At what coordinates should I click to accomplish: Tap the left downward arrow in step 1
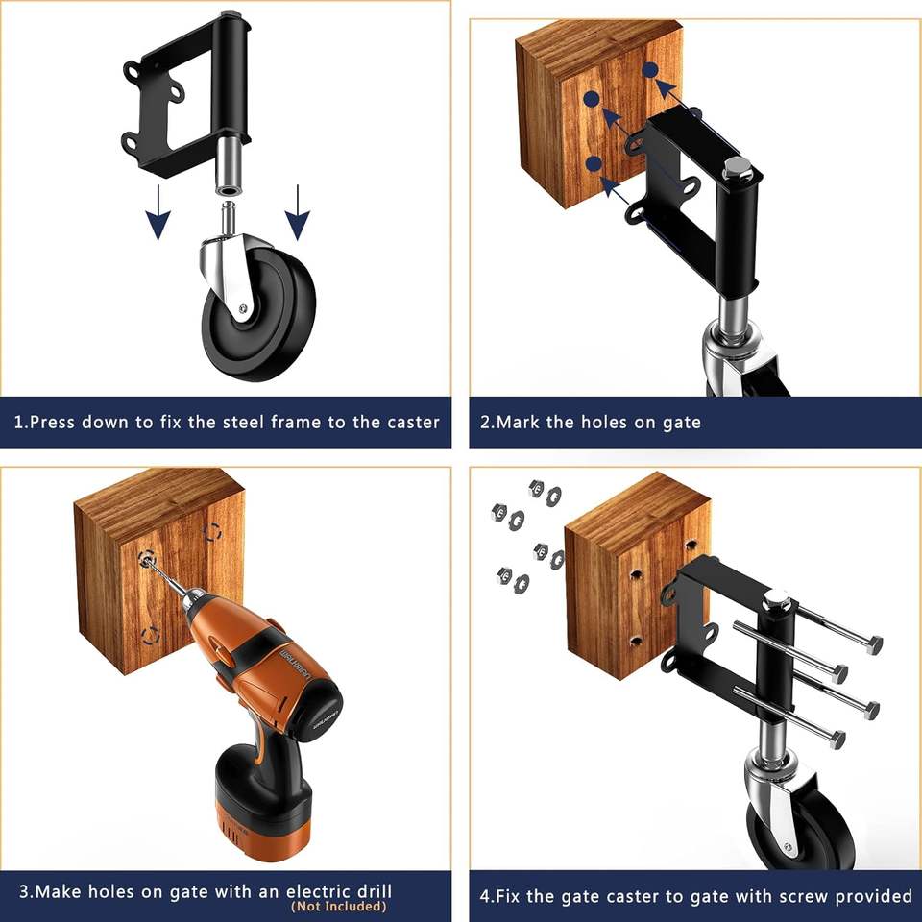[x=158, y=211]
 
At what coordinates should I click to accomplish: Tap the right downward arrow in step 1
[x=298, y=211]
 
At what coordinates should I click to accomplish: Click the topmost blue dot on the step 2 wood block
[x=650, y=70]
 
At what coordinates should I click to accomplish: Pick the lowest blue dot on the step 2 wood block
[x=594, y=163]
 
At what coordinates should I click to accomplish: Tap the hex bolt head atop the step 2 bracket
[x=735, y=167]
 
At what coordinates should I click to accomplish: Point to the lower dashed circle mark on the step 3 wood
[x=151, y=635]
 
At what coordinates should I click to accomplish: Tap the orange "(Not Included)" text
[x=339, y=906]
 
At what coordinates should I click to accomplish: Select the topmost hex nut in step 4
[x=536, y=488]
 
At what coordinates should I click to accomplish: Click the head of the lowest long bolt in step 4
[x=837, y=740]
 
